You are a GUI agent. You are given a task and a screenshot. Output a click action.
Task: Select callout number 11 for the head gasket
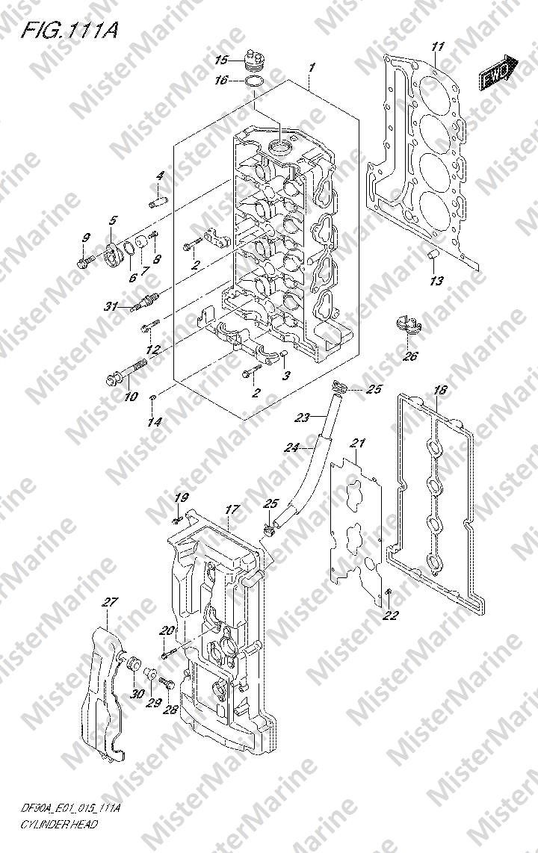coord(438,46)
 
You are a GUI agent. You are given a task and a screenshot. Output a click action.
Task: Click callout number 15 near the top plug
coord(221,60)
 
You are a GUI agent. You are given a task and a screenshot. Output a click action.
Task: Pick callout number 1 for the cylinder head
coord(312,67)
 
